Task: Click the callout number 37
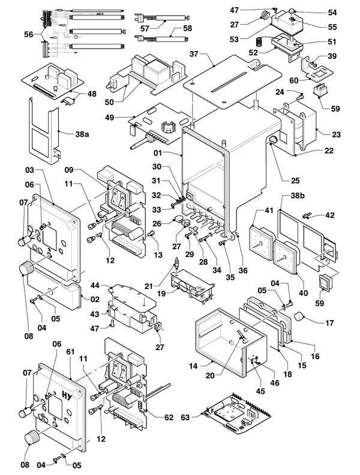tap(194, 54)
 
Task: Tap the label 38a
tap(82, 134)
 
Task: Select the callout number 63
tap(185, 417)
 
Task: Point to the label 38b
tap(298, 195)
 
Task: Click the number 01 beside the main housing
tap(158, 153)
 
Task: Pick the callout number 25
tap(295, 181)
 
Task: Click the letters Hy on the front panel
tap(67, 396)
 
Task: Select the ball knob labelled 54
tap(291, 12)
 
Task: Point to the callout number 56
tap(29, 34)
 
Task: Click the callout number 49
tap(110, 117)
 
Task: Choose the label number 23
tap(337, 134)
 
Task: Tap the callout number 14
tap(193, 366)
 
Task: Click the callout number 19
tap(161, 293)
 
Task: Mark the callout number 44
tap(95, 285)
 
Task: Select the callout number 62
tap(169, 417)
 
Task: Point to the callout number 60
tap(293, 80)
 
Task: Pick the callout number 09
tap(69, 169)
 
